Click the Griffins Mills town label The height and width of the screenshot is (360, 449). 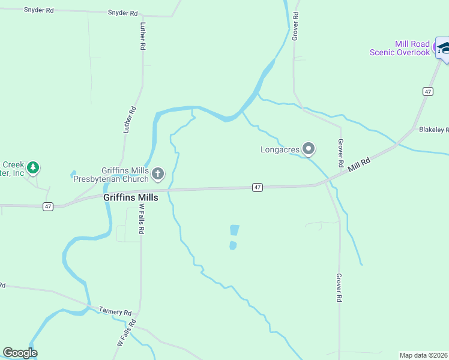pyautogui.click(x=130, y=197)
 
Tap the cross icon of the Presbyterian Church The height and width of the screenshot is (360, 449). pyautogui.click(x=158, y=174)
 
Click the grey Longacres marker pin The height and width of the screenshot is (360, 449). pyautogui.click(x=309, y=148)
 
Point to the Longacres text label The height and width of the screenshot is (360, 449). pyautogui.click(x=280, y=149)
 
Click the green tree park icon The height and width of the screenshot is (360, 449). pyautogui.click(x=34, y=167)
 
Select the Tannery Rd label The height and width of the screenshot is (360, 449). pyautogui.click(x=115, y=312)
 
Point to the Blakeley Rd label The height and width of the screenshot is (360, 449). pyautogui.click(x=433, y=130)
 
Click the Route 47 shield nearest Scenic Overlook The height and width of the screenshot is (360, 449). pyautogui.click(x=427, y=91)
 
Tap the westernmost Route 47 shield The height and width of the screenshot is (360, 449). pyautogui.click(x=49, y=206)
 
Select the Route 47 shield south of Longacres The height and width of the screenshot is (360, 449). pyautogui.click(x=257, y=188)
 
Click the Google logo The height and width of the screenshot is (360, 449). pyautogui.click(x=20, y=353)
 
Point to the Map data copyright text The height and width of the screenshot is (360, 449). pyautogui.click(x=424, y=355)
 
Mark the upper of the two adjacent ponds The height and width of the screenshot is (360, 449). pyautogui.click(x=234, y=230)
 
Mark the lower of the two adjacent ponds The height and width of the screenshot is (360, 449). pyautogui.click(x=233, y=245)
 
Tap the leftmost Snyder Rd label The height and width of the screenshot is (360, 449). pyautogui.click(x=38, y=11)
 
